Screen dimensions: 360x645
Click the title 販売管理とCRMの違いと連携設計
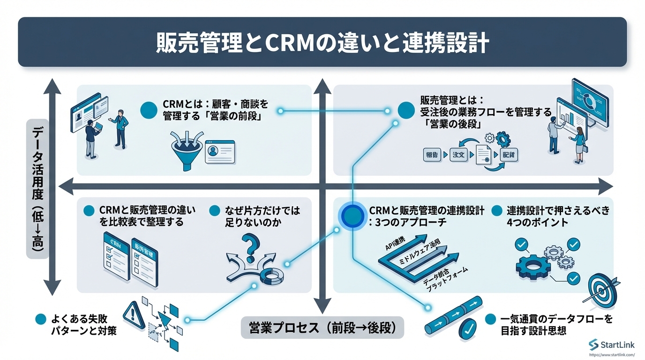click(x=322, y=43)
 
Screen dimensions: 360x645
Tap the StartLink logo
click(x=612, y=345)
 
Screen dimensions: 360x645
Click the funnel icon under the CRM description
click(x=187, y=149)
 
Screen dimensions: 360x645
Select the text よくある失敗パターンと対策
click(x=83, y=325)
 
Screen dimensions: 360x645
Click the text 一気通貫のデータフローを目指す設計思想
click(x=556, y=325)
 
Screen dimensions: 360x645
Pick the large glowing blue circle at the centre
click(x=352, y=216)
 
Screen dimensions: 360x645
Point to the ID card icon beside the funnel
click(x=220, y=151)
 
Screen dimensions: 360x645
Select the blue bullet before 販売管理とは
click(x=406, y=111)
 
